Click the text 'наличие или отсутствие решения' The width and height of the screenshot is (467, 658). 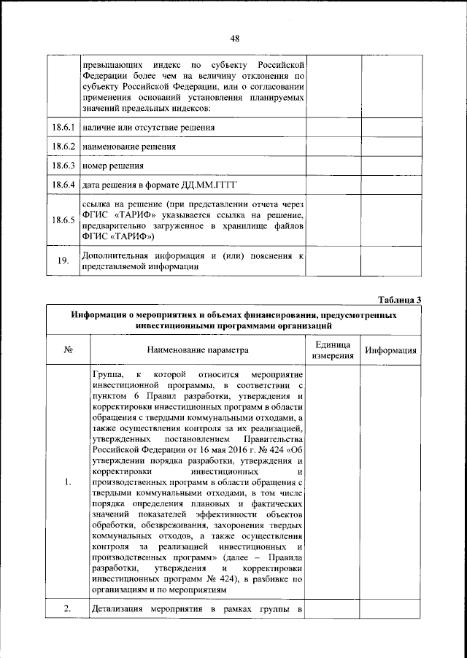click(x=149, y=128)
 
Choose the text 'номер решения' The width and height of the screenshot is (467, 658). click(x=113, y=166)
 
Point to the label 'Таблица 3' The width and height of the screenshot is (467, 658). click(x=399, y=299)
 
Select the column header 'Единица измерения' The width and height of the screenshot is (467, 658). click(x=333, y=349)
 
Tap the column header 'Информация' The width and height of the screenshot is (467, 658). click(x=391, y=349)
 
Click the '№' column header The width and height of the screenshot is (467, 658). click(x=66, y=349)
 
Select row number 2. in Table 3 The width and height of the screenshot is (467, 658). click(x=66, y=610)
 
